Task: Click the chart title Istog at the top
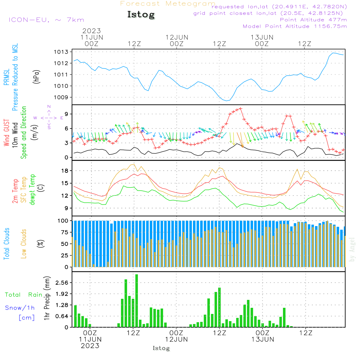click(141, 15)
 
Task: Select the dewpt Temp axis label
click(32, 190)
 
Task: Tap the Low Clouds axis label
click(24, 244)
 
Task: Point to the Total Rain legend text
click(23, 295)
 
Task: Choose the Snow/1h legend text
click(20, 308)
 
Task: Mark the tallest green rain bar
click(137, 301)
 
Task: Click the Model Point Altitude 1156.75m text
click(295, 26)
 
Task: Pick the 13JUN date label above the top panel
click(262, 37)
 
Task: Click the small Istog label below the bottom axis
click(161, 348)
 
